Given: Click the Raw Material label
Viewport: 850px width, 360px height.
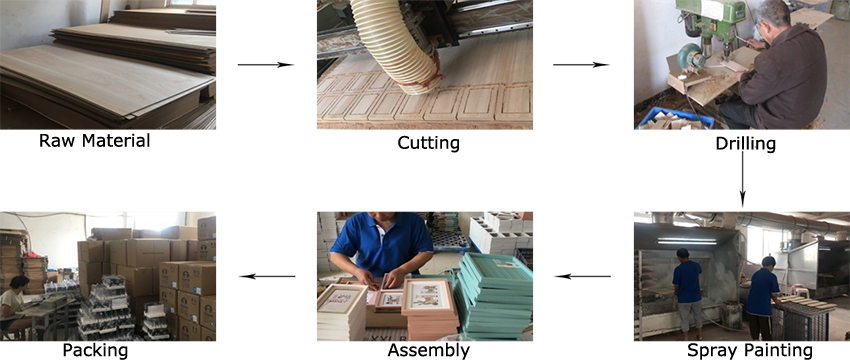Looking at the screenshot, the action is coord(94,141).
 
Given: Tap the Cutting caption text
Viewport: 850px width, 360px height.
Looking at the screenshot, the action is coord(428,142).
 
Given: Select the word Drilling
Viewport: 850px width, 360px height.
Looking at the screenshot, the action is coord(745,144).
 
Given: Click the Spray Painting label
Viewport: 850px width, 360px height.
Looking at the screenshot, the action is coord(750,351).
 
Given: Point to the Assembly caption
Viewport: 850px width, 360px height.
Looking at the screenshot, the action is coord(427,350).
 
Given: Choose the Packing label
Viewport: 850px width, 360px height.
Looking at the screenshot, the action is coord(95,350).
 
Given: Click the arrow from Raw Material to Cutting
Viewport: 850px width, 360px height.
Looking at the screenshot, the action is coord(265,64).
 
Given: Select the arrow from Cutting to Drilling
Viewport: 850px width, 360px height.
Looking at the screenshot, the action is coord(581,64).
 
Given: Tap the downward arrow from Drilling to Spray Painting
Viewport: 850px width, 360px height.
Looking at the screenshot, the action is coord(742,180).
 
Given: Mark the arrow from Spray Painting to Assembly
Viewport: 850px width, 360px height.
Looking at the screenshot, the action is coord(582,275).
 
